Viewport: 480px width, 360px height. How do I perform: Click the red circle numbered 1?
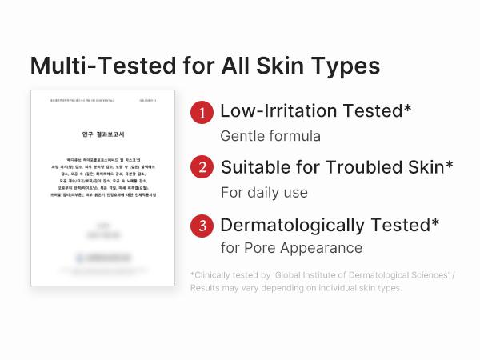coord(202,113)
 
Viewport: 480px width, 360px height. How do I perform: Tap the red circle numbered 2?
coord(202,169)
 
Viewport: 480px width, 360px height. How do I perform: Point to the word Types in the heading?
coord(346,65)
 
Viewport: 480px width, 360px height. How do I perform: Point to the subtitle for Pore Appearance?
coord(291,248)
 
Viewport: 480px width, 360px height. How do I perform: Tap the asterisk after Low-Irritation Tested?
coord(408,107)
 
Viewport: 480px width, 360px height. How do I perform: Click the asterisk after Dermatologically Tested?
coord(435,222)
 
